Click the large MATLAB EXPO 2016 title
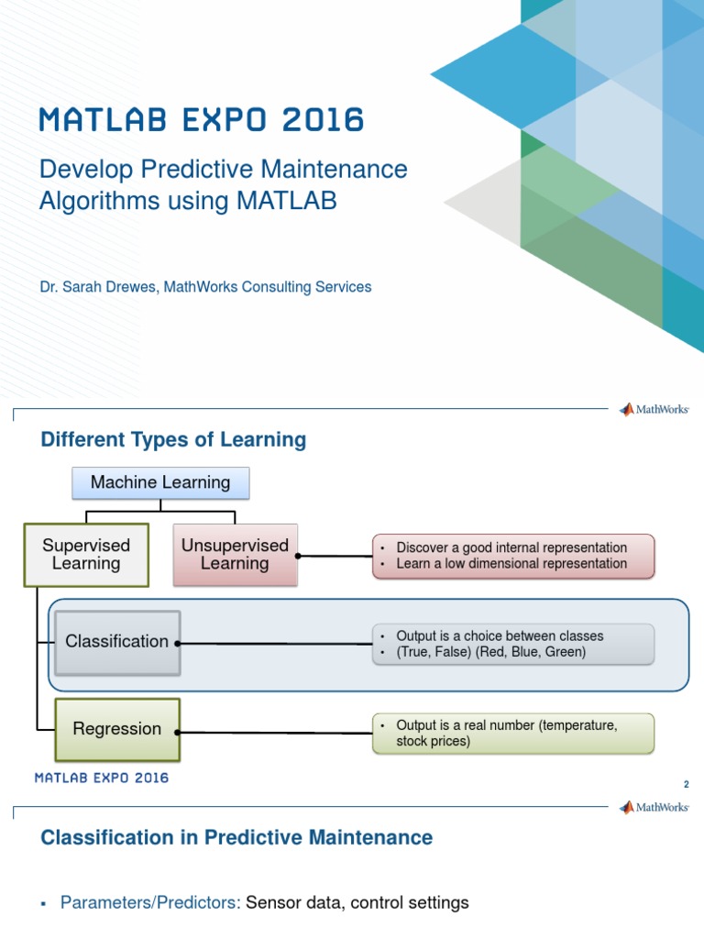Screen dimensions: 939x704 point(201,120)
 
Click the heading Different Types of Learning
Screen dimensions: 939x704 point(173,440)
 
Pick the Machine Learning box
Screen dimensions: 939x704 point(160,482)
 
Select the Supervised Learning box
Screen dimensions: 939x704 point(86,555)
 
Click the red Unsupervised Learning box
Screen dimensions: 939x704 point(235,555)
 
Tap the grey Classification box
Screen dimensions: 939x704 point(116,642)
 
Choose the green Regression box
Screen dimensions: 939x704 point(116,730)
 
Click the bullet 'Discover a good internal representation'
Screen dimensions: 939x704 point(511,547)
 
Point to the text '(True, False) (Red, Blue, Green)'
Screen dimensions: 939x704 point(490,653)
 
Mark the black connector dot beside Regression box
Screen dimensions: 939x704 point(178,732)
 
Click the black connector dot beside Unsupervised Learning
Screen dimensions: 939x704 point(298,556)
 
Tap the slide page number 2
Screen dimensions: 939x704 point(685,785)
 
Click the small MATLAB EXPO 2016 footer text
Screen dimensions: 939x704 point(102,778)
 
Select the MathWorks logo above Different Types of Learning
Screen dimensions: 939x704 point(654,410)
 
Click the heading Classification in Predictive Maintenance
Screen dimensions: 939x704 point(236,837)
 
